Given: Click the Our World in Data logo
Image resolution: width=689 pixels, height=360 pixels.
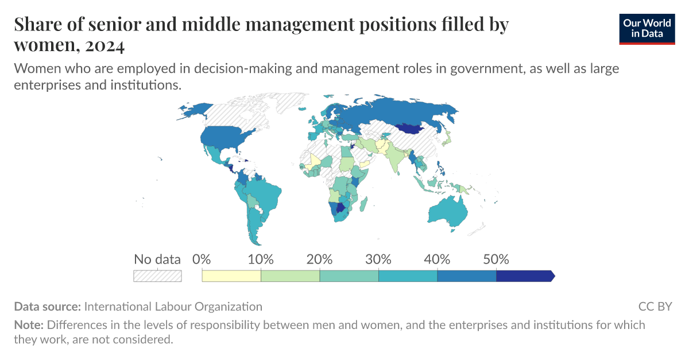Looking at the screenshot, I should (x=647, y=28).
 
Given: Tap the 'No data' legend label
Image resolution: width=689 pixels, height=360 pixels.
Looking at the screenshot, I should (x=157, y=259).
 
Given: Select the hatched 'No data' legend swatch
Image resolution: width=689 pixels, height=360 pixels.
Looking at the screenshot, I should (x=157, y=276).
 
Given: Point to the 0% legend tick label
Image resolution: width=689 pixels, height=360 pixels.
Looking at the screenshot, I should (x=202, y=259).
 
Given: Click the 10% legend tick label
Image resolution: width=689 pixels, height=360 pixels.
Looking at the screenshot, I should (x=261, y=259).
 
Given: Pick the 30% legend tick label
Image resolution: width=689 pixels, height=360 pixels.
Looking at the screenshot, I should (x=378, y=259).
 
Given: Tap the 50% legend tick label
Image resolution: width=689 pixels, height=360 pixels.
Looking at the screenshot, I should (x=496, y=259).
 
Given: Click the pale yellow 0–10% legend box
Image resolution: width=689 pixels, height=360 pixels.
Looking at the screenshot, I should (x=231, y=276).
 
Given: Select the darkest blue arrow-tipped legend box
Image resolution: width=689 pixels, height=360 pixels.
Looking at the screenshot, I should (x=524, y=276).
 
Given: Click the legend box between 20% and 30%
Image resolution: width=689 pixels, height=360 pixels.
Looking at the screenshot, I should (x=349, y=276).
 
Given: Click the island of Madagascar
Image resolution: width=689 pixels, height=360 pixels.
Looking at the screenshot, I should (x=365, y=202).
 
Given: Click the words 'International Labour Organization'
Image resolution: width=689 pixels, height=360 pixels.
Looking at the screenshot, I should (x=173, y=307).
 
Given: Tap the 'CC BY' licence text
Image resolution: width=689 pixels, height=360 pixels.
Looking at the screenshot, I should (x=655, y=307).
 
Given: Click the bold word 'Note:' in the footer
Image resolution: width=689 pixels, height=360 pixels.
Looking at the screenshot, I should (x=29, y=325).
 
